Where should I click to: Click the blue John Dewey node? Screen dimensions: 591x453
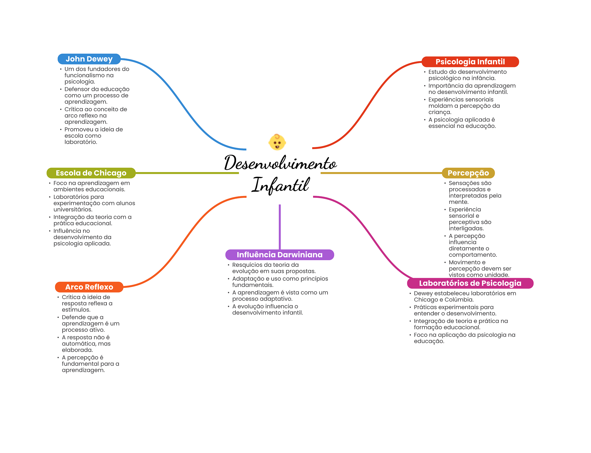click(x=89, y=59)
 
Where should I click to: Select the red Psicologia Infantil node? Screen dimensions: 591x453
click(x=470, y=62)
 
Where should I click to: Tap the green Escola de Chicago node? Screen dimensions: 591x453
click(x=91, y=173)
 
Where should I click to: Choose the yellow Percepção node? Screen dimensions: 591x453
click(x=468, y=173)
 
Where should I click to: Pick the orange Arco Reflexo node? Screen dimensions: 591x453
click(x=89, y=287)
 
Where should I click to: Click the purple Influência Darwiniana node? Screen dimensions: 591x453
click(x=280, y=255)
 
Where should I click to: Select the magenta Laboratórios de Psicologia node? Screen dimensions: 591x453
click(x=470, y=283)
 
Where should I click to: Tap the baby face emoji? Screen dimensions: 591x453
click(x=277, y=142)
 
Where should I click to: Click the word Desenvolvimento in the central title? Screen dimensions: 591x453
click(x=280, y=163)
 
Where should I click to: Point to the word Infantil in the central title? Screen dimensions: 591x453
click(x=281, y=185)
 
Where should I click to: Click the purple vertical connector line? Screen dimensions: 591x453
click(x=280, y=227)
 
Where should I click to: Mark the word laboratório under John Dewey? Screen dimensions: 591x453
click(x=81, y=142)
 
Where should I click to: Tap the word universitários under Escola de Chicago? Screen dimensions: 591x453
click(x=73, y=210)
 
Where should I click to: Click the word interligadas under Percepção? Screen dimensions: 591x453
click(x=466, y=228)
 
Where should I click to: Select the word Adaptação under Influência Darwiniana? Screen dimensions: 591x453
click(x=247, y=279)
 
